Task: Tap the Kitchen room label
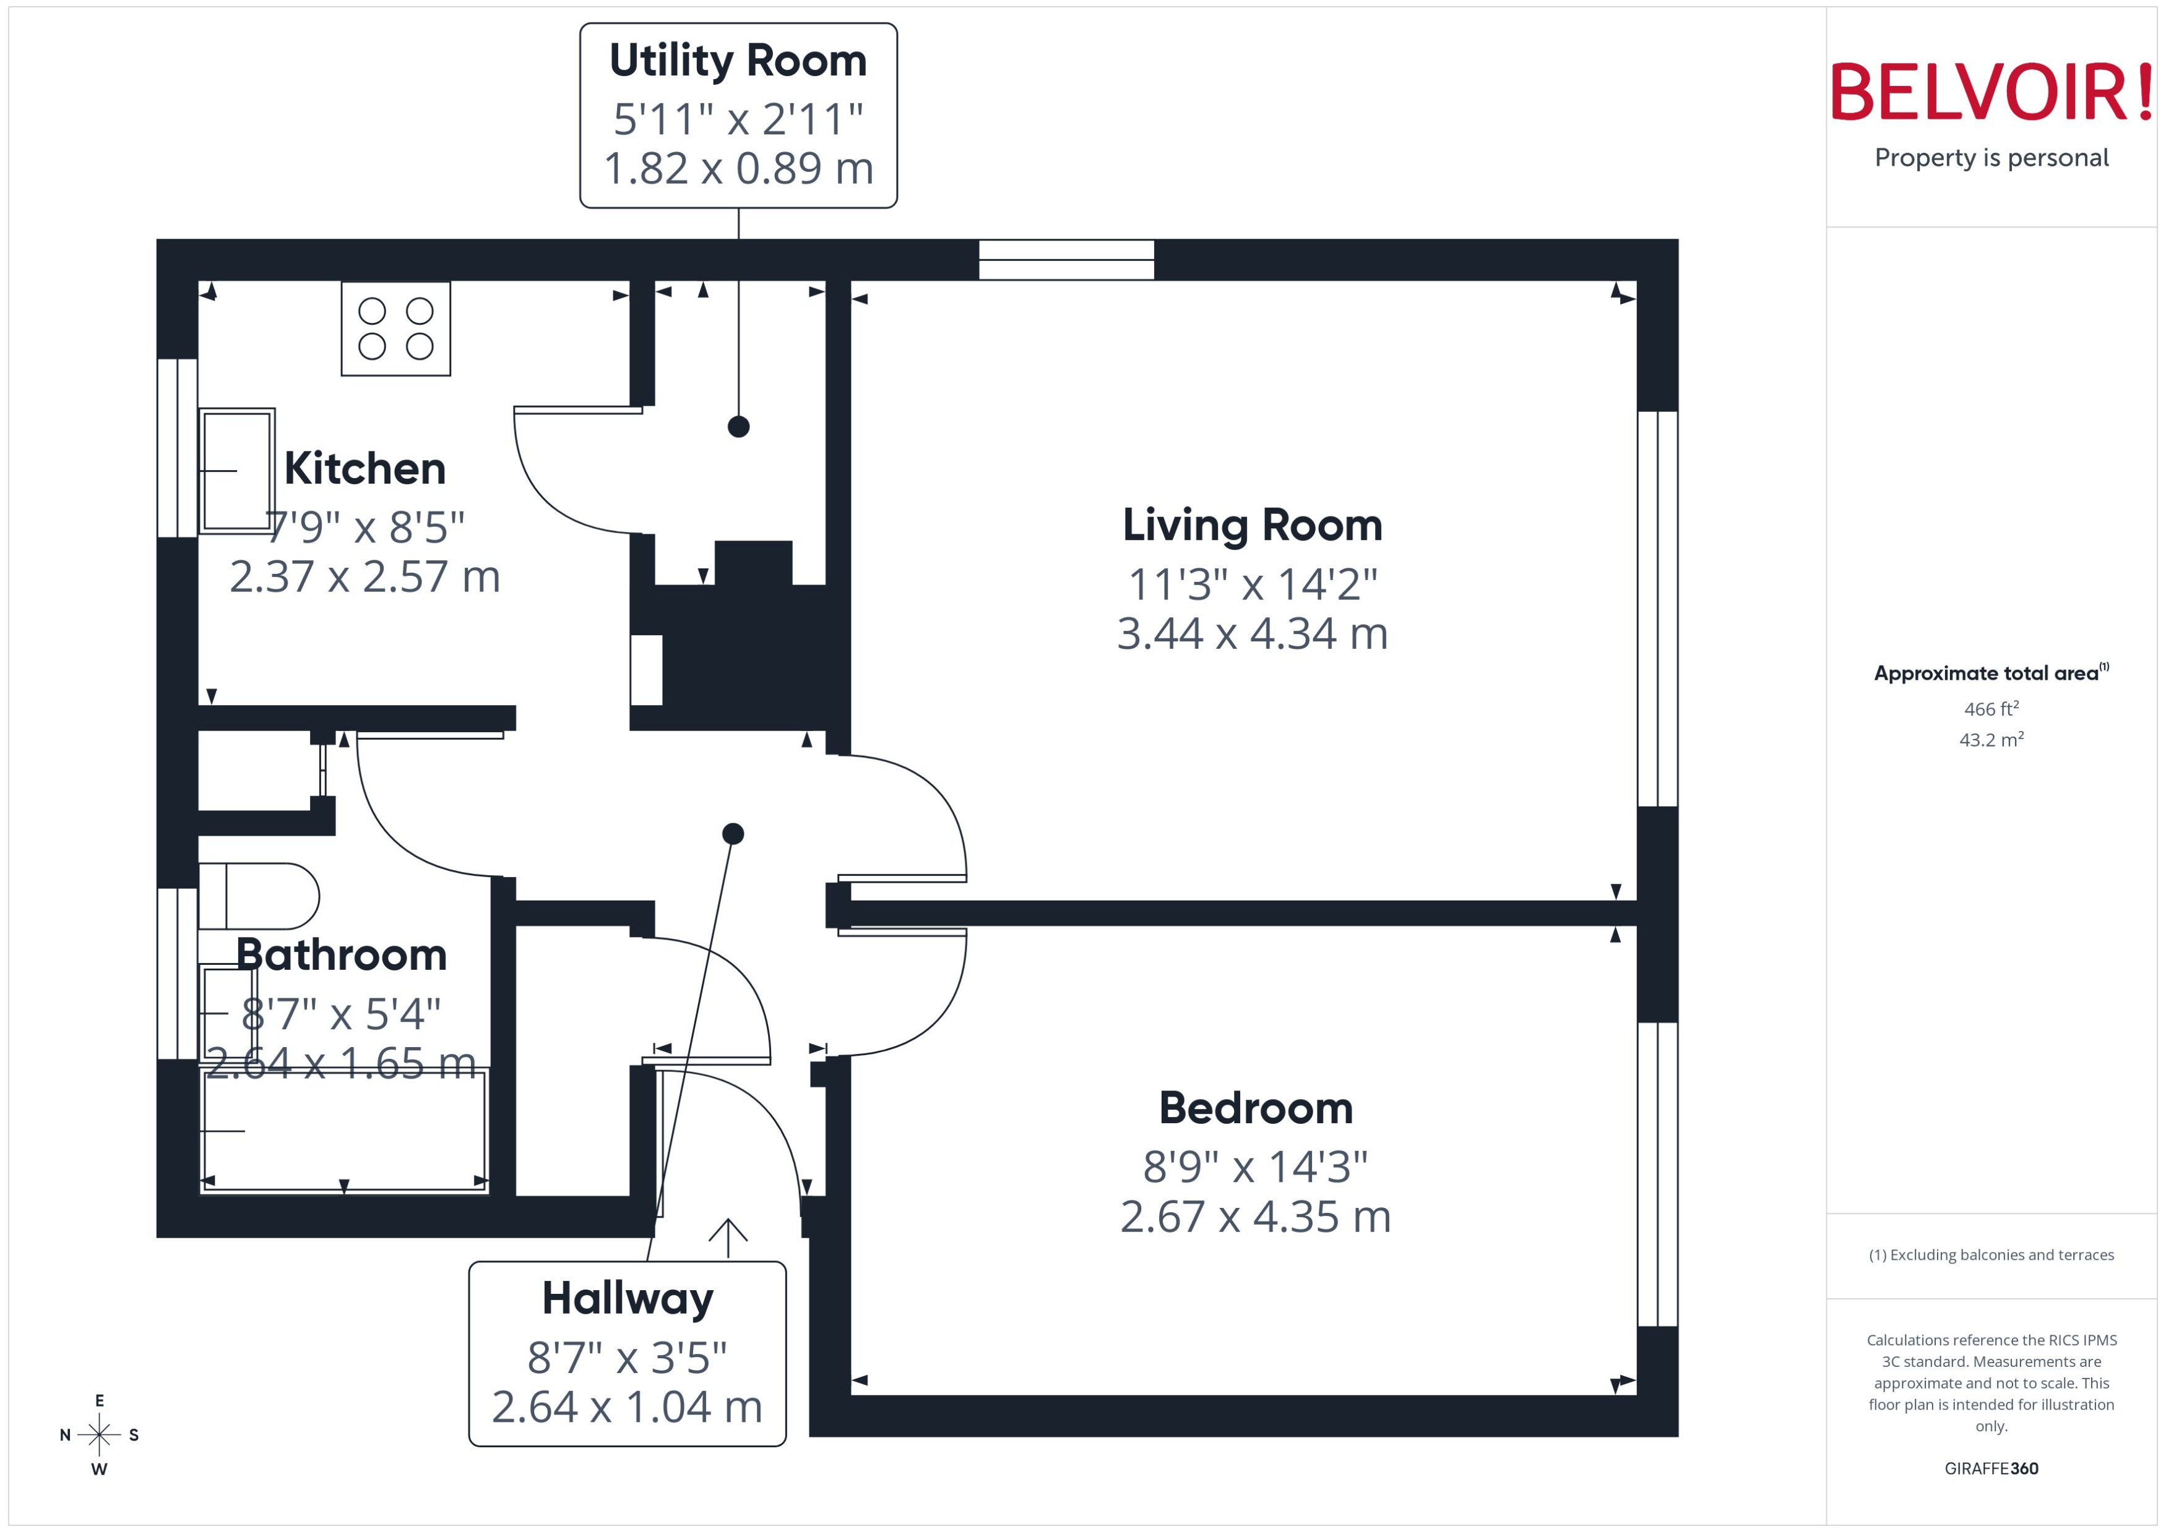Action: (x=365, y=469)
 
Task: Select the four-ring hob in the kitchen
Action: (x=395, y=328)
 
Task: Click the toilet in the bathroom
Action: (x=259, y=896)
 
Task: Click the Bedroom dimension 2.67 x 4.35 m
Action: (x=1254, y=1217)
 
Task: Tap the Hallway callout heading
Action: (x=627, y=1299)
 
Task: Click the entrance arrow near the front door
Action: (x=728, y=1237)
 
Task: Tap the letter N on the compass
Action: (x=65, y=1435)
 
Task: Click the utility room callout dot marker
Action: (x=738, y=426)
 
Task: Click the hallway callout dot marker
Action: (x=732, y=834)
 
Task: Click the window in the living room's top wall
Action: (x=1066, y=260)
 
